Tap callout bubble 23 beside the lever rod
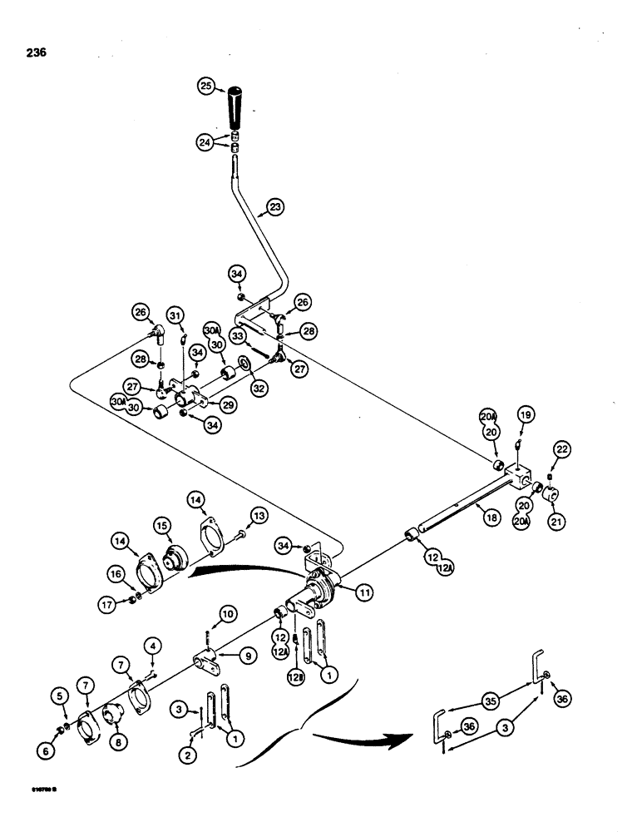[275, 206]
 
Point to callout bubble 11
[365, 592]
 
